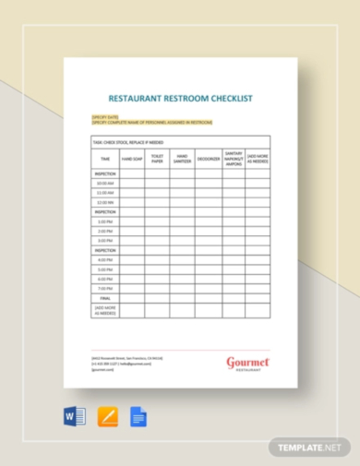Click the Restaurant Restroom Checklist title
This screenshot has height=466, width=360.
[180, 96]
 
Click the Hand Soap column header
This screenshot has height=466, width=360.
[131, 159]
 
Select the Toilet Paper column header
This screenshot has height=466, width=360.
[157, 158]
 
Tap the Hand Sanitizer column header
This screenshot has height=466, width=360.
[182, 158]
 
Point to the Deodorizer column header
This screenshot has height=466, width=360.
[207, 159]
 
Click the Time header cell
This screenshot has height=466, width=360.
[104, 159]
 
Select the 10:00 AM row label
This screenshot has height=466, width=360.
[104, 183]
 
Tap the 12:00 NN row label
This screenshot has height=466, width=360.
[104, 202]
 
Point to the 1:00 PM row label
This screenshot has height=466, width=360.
[104, 221]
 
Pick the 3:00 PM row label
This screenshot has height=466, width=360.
[104, 241]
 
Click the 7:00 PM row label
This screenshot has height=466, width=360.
[104, 288]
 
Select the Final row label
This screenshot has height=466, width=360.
[104, 298]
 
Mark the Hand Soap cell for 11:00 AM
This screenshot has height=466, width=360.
[131, 192]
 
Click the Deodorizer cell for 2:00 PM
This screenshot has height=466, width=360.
[207, 231]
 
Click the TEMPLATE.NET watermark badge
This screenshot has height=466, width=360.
[309, 447]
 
